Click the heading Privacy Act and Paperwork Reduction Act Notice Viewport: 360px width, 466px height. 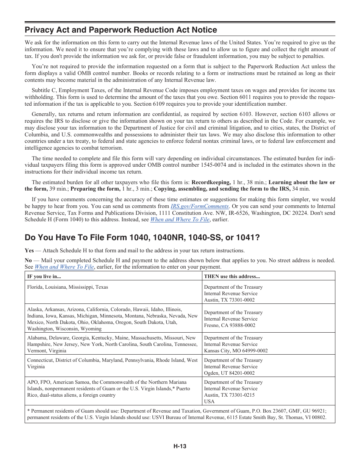[121, 30]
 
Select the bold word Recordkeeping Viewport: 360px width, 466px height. [211, 182]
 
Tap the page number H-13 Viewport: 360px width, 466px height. [180, 446]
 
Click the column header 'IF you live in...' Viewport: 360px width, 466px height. [44, 277]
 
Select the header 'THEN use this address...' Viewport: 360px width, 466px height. [232, 277]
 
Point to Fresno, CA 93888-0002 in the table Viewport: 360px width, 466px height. [230, 325]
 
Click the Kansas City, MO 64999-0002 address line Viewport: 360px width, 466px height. [236, 350]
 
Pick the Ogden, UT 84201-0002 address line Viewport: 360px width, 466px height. [229, 373]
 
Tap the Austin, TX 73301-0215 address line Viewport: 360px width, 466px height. [229, 395]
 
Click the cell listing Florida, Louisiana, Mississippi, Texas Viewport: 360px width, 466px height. [67, 287]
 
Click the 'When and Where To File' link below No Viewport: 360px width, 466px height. [64, 267]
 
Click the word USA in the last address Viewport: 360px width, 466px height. [209, 401]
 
